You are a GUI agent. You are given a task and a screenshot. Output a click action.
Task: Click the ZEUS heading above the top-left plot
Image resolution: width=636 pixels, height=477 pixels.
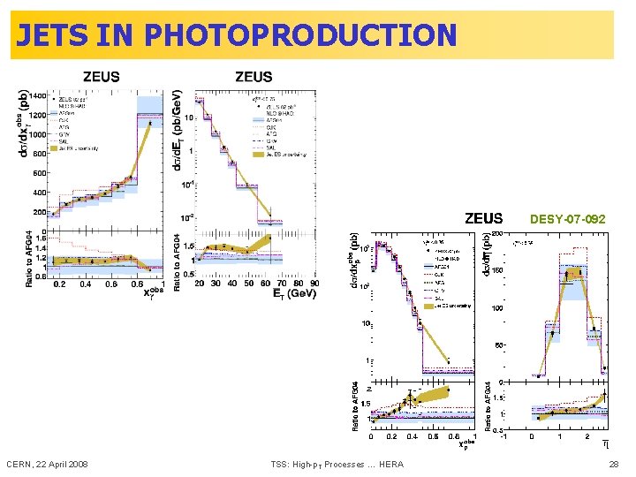(102, 77)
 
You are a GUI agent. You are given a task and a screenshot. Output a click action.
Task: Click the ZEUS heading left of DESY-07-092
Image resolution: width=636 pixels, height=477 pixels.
(483, 218)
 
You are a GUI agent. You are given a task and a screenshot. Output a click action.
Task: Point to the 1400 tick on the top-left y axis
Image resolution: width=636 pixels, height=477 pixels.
(38, 95)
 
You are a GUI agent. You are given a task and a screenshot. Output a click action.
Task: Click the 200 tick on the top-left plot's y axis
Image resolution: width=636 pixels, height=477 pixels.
(40, 212)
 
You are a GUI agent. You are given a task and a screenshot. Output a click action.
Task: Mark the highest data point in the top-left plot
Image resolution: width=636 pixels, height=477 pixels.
(149, 124)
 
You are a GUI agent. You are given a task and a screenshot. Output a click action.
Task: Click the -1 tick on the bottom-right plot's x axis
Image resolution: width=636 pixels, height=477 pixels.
(503, 435)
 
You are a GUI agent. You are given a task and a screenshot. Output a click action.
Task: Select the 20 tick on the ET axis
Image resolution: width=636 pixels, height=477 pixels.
(201, 284)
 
